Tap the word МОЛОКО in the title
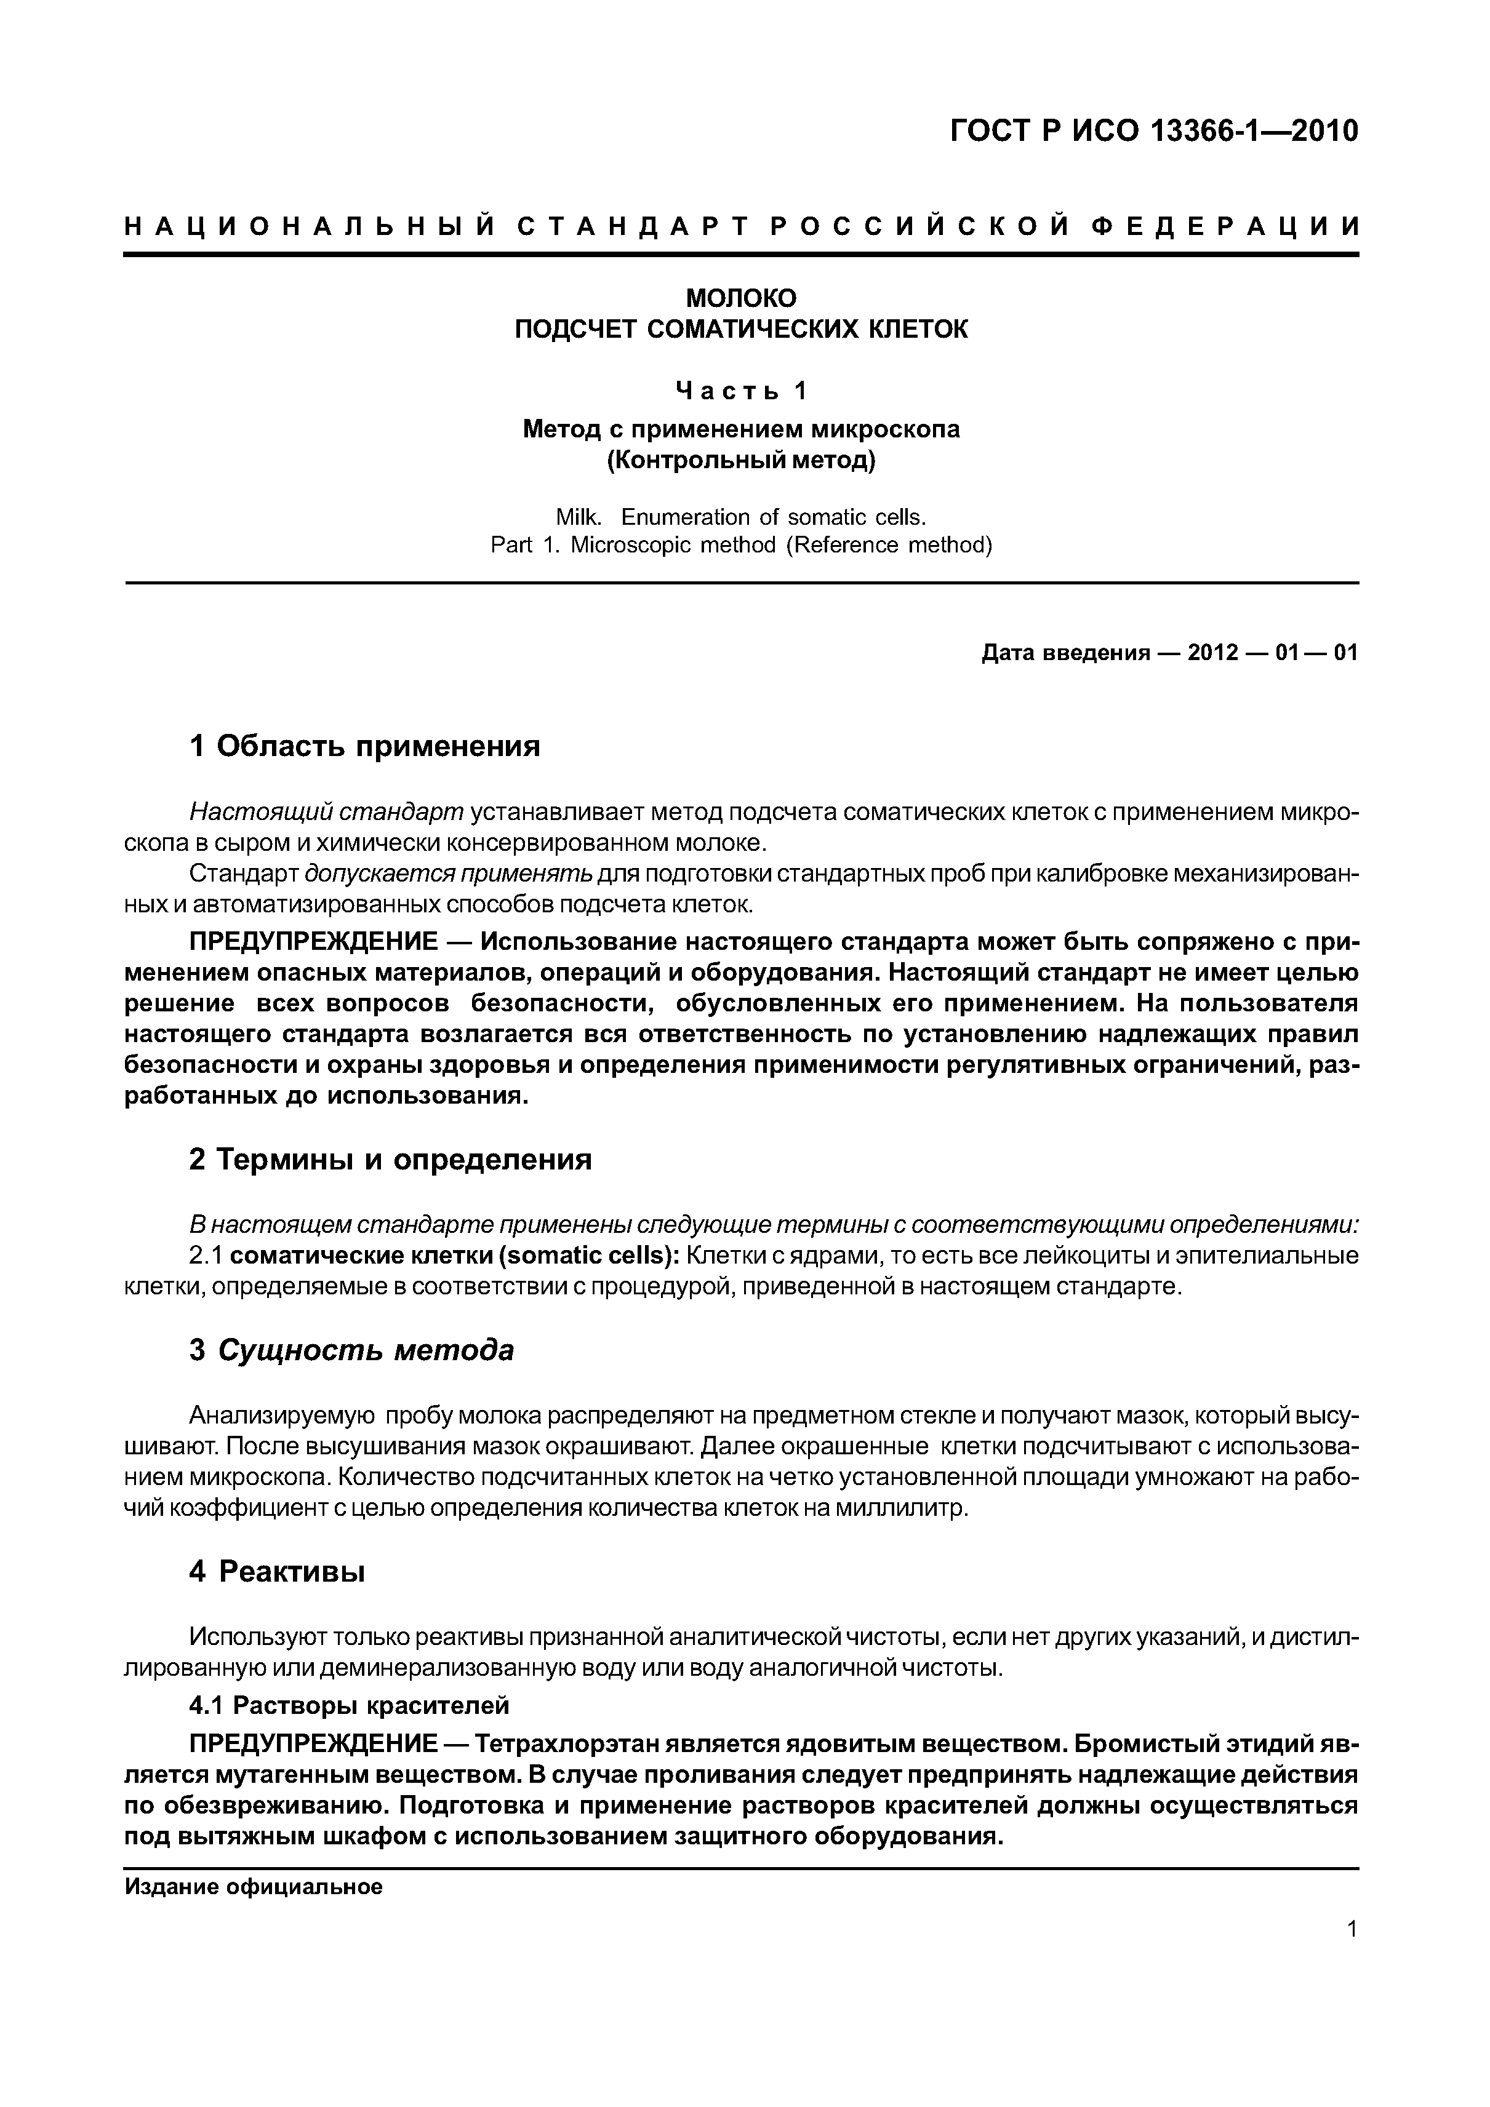click(x=742, y=298)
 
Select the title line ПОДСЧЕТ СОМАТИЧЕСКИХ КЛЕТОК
click(x=742, y=330)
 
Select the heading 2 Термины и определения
click(x=390, y=1160)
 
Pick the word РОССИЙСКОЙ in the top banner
click(x=919, y=226)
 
